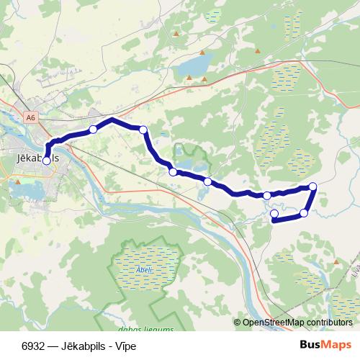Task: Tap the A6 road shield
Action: (x=30, y=117)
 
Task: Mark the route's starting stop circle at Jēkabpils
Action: (x=47, y=161)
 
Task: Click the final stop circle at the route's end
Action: (x=274, y=214)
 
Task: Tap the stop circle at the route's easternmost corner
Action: (x=312, y=187)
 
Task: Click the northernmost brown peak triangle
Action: (x=176, y=32)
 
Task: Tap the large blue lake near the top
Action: (x=192, y=67)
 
